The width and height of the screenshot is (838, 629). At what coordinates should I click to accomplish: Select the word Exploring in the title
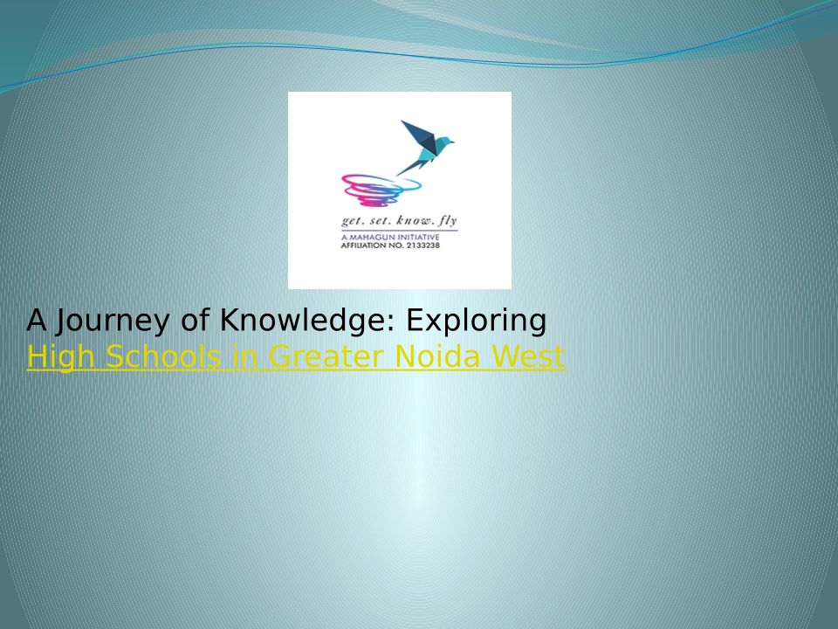477,321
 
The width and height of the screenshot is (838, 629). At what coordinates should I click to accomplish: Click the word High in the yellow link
60,356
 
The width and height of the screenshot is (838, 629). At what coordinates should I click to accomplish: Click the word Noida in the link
437,356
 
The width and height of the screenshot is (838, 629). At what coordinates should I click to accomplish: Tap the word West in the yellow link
528,356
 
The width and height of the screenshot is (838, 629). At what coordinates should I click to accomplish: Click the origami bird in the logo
426,147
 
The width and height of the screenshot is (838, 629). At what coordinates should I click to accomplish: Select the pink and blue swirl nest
381,190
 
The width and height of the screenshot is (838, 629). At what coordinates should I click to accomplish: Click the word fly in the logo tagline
448,221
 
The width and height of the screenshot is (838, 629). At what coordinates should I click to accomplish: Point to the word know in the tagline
415,220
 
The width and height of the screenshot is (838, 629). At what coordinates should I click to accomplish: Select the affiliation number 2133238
422,245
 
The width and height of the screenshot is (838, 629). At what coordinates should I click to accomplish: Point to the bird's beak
452,142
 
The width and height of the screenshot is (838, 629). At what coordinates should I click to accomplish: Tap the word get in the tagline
350,221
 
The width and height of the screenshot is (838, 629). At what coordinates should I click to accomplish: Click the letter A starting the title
37,321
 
